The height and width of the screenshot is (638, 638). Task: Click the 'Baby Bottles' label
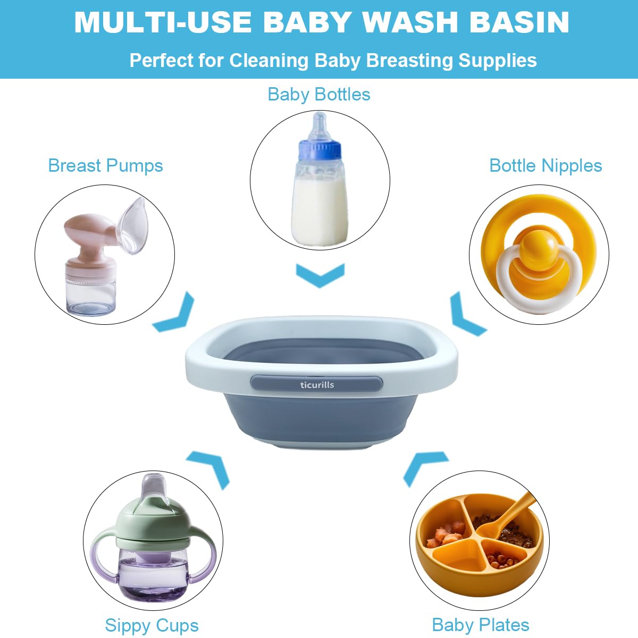(x=318, y=95)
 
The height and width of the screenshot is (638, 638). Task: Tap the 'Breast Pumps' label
(x=105, y=166)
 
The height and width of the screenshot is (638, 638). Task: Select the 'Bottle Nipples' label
(x=545, y=166)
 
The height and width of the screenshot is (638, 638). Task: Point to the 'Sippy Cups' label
(x=152, y=625)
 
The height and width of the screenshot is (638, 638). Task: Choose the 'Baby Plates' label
(x=481, y=625)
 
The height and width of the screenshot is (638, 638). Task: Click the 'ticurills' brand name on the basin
(x=317, y=384)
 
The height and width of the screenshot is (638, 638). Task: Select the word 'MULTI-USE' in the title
(x=163, y=22)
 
